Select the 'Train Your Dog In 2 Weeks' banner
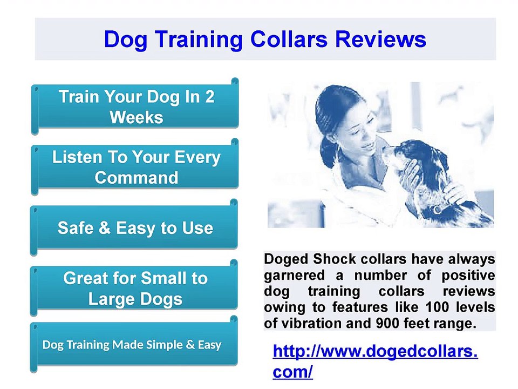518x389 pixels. tap(136, 106)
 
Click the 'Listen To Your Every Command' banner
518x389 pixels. tap(136, 167)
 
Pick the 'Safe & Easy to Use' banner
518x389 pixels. tap(135, 228)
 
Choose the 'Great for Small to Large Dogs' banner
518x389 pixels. tap(135, 288)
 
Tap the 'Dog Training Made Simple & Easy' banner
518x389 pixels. tap(132, 345)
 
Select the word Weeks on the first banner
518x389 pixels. tap(136, 117)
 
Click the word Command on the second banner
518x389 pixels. tap(136, 177)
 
